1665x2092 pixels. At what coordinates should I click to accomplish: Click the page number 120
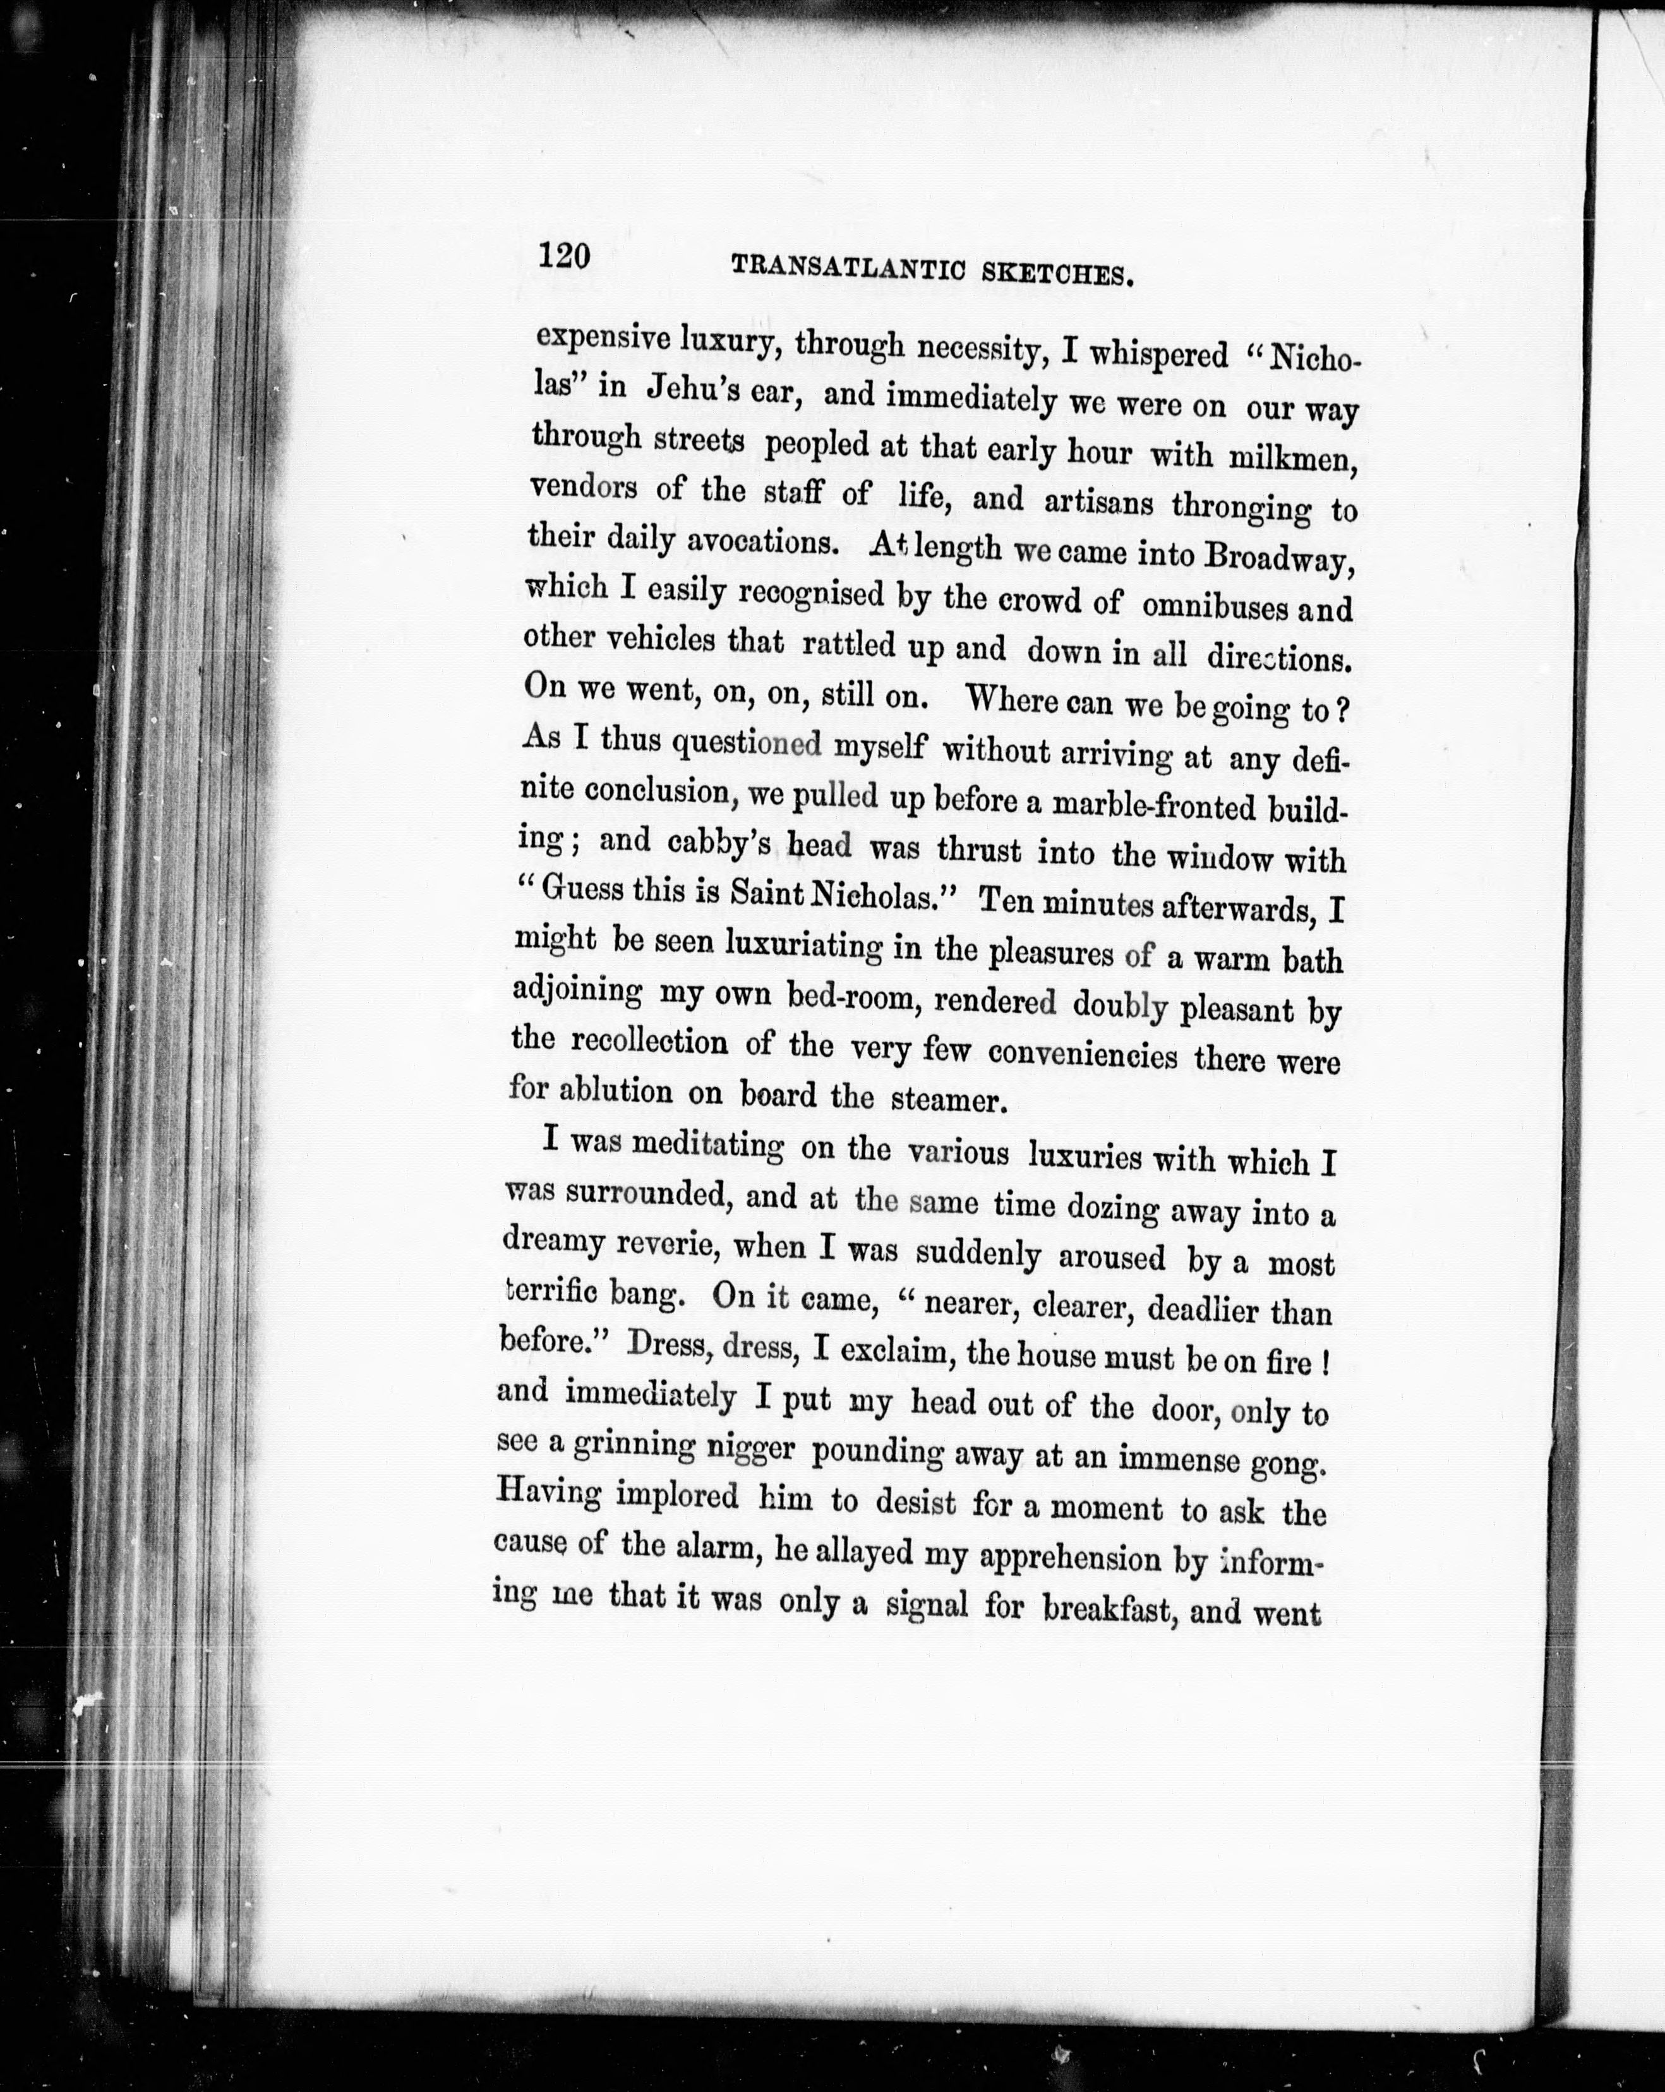563,257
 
